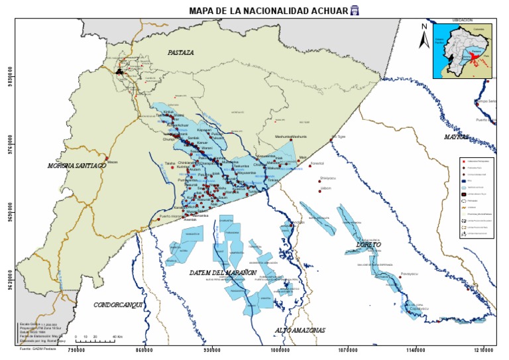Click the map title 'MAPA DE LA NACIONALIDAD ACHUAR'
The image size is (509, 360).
268,10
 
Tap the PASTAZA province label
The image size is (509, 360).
180,52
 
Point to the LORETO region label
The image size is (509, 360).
369,245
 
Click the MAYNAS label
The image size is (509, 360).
457,137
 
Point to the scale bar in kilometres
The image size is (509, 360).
97,337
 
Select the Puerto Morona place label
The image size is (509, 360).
171,216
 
